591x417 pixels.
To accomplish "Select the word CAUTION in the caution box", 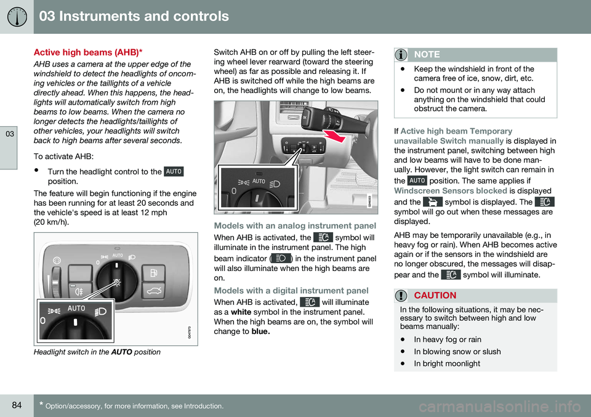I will click(x=435, y=296).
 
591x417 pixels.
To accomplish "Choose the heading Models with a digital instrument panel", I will click(x=291, y=289).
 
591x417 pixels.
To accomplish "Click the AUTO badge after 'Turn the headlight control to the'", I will click(x=174, y=171).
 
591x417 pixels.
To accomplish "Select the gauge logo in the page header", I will click(x=17, y=17).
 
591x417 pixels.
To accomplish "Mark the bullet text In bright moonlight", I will click(x=448, y=363).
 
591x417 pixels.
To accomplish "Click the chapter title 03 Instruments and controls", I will click(x=134, y=17).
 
